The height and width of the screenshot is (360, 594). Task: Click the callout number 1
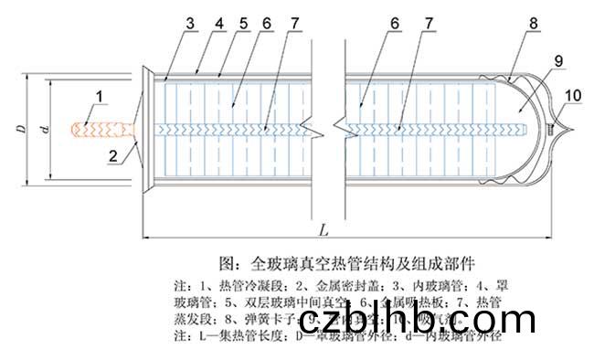point(100,95)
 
